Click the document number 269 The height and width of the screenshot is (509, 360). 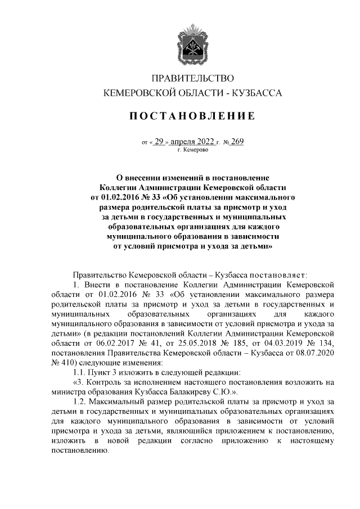236,142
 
